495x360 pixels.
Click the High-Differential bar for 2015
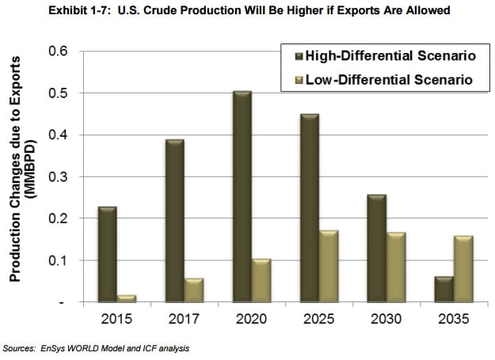[x=107, y=254]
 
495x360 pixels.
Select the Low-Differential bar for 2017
[x=194, y=290]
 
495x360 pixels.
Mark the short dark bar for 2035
[x=444, y=289]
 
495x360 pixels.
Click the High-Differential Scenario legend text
[x=385, y=56]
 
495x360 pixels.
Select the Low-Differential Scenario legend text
[x=383, y=79]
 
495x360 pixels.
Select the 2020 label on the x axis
[x=250, y=320]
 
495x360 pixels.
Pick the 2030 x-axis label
[x=385, y=320]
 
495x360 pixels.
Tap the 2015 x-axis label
[x=116, y=320]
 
